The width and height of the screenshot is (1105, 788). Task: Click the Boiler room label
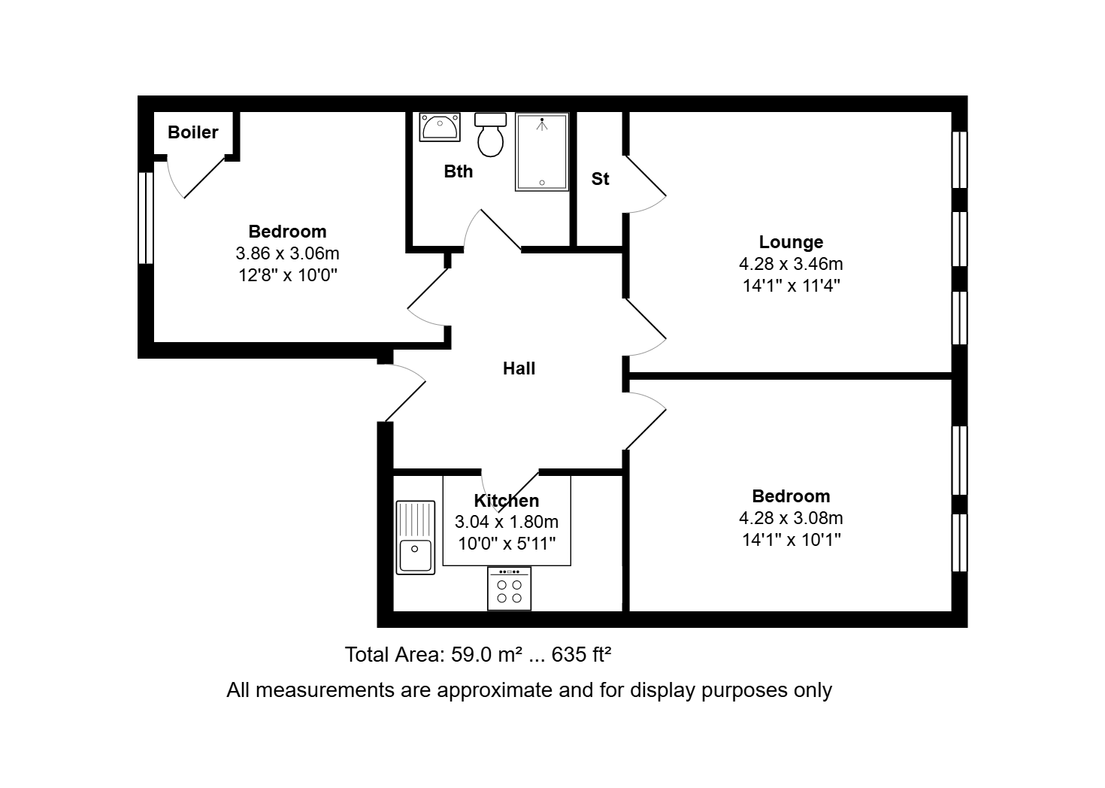tap(193, 132)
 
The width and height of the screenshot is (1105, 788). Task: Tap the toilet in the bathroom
tap(490, 135)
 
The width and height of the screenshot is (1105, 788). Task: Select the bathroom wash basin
tap(440, 127)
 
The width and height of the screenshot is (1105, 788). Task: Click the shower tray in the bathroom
tap(542, 151)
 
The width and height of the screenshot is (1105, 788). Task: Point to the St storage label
tap(601, 179)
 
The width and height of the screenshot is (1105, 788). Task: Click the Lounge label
tap(791, 242)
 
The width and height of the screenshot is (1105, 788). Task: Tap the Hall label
tap(519, 368)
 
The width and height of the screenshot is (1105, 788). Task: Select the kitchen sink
tap(416, 538)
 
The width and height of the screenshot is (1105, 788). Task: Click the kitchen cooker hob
tap(509, 589)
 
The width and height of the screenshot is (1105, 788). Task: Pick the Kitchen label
tap(507, 501)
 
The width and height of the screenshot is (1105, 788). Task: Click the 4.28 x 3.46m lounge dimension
tap(791, 264)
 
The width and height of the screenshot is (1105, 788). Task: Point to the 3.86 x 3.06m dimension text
tap(288, 253)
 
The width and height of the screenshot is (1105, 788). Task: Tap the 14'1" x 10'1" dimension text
tap(791, 540)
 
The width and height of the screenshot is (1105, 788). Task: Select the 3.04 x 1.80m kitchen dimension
tap(507, 522)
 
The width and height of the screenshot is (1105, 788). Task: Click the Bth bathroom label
tap(459, 171)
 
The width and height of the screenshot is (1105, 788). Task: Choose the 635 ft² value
tap(582, 655)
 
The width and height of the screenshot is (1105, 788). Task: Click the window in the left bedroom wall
tap(146, 218)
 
